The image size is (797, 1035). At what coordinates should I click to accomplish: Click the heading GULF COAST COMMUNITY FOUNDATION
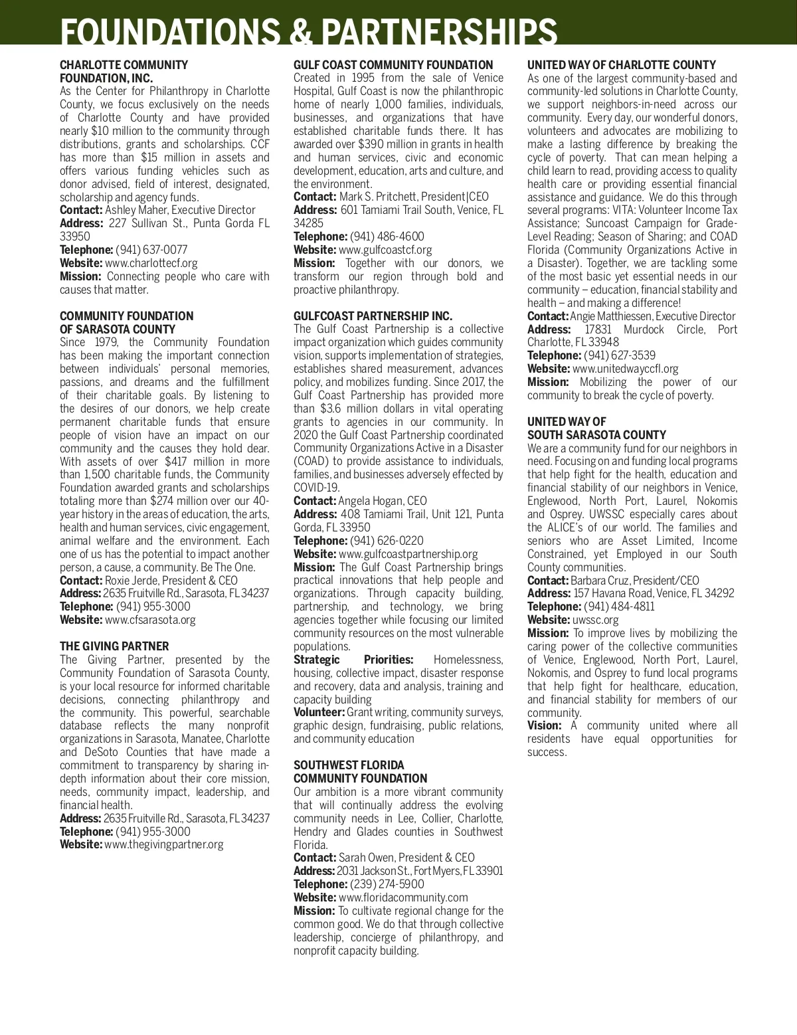pos(393,65)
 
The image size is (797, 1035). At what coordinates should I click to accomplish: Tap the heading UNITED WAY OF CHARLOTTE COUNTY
pos(621,65)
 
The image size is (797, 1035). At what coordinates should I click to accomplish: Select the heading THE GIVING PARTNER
pos(114,646)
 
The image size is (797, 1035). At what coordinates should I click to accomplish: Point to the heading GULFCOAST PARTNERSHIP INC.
pos(373,316)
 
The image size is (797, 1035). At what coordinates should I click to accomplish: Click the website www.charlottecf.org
pos(151,263)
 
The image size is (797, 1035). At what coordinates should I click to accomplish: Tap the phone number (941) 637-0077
pos(151,250)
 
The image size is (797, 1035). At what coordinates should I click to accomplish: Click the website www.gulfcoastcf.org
pos(385,250)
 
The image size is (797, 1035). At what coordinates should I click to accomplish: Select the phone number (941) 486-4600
pos(387,236)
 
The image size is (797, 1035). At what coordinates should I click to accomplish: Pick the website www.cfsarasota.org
pos(150,620)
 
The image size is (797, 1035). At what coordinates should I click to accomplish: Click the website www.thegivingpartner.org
pos(163,844)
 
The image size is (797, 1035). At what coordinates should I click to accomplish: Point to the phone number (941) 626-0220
pos(387,541)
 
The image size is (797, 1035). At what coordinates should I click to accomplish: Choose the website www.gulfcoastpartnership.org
pos(408,554)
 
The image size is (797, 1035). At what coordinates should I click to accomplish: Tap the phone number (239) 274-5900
pos(387,884)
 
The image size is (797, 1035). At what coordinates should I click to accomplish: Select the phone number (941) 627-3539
pos(619,355)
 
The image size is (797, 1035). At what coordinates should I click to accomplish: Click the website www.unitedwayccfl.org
pos(625,369)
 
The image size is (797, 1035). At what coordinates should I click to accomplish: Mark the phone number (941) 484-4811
pos(618,607)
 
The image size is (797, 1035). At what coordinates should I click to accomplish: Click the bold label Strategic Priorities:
pos(353,660)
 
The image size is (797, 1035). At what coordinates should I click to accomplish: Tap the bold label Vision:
pos(544,725)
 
